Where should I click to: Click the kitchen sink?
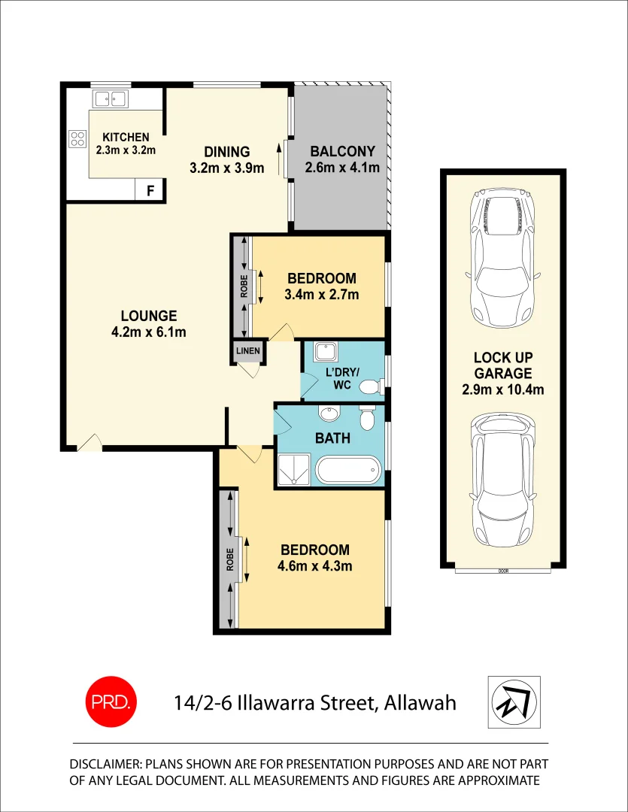coord(111,98)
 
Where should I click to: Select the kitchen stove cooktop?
coord(77,138)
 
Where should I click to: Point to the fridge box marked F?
coord(150,191)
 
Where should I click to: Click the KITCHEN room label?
coord(126,138)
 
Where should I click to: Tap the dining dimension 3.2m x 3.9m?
coord(227,168)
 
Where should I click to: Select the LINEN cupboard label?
coord(247,351)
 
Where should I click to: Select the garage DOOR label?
coord(502,571)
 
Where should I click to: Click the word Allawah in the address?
coord(420,703)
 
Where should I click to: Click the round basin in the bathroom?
coord(329,414)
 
